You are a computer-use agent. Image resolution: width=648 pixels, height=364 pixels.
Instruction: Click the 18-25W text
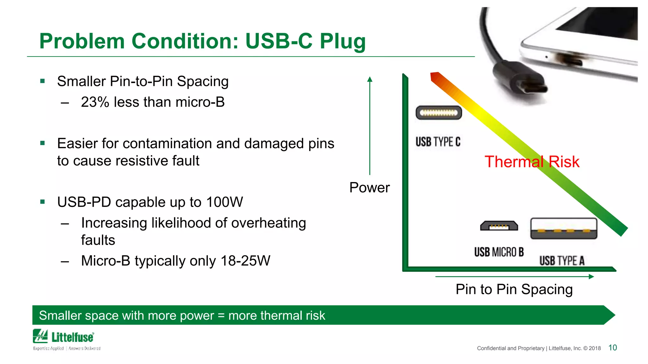pyautogui.click(x=245, y=261)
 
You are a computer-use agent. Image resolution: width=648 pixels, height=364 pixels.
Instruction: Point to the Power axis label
pyautogui.click(x=369, y=188)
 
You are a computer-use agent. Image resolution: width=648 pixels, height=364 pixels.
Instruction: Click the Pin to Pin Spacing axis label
pyautogui.click(x=514, y=289)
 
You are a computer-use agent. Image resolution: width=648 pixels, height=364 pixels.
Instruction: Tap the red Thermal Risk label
pyautogui.click(x=532, y=162)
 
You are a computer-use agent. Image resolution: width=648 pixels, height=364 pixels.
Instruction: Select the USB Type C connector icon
pyautogui.click(x=439, y=113)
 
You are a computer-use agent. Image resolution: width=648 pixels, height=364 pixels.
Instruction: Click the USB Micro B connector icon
pyautogui.click(x=499, y=226)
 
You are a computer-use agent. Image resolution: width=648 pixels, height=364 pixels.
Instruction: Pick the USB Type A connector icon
pyautogui.click(x=564, y=228)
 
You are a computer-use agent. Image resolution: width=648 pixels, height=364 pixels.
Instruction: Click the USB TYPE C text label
pyautogui.click(x=438, y=142)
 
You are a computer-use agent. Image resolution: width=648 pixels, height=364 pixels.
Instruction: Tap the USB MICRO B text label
pyautogui.click(x=499, y=252)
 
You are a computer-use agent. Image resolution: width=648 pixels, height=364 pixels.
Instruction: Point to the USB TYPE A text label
pyautogui.click(x=562, y=261)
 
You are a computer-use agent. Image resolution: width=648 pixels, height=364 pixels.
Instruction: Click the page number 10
pyautogui.click(x=613, y=348)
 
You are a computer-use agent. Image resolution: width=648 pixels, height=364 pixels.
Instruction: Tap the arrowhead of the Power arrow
pyautogui.click(x=370, y=79)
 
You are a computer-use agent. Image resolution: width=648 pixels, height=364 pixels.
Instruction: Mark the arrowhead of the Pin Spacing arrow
pyautogui.click(x=591, y=277)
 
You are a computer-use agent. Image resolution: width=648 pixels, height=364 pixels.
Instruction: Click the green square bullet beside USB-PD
pyautogui.click(x=43, y=202)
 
